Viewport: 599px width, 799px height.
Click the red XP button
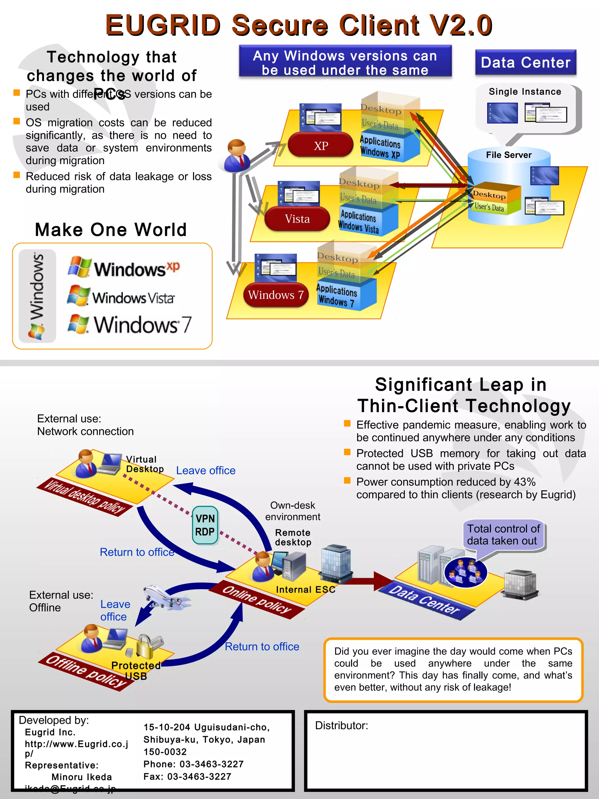(x=321, y=145)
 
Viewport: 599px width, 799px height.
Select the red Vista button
(x=297, y=219)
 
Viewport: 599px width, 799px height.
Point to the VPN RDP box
(x=205, y=525)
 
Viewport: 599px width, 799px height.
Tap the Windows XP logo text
(x=137, y=269)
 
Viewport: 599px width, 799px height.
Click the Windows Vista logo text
(x=133, y=298)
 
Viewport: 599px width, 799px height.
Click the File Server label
(x=508, y=155)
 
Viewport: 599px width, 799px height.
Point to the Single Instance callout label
(x=525, y=92)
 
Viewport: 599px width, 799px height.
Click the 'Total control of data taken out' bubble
(x=503, y=535)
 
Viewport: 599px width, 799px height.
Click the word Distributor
(x=341, y=725)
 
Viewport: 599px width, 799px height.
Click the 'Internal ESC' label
(x=305, y=590)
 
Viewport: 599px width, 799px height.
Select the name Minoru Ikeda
(x=82, y=777)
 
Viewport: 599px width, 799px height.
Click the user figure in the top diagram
(x=237, y=157)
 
